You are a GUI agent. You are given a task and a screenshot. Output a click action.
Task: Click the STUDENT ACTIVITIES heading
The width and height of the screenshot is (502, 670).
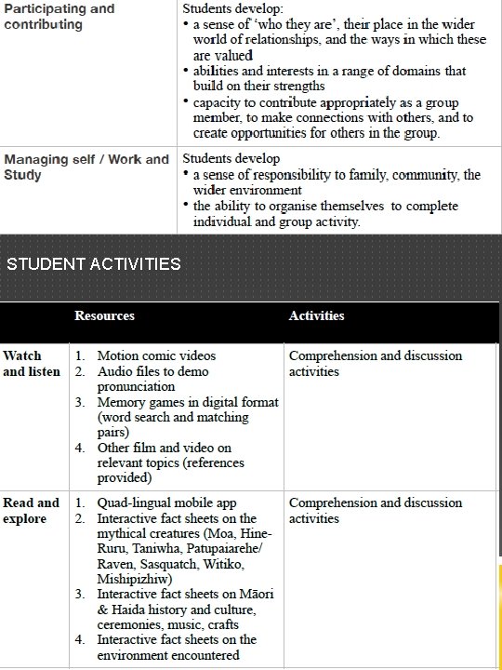point(94,263)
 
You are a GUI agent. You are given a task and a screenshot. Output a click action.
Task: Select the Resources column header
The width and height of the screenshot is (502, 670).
point(104,316)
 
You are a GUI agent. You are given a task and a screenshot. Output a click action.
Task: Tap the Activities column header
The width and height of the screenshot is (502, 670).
point(316,316)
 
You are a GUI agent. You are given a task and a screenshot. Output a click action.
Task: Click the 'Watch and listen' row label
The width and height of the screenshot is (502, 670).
point(32,364)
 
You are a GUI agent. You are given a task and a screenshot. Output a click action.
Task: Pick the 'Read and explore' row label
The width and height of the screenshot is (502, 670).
point(31,511)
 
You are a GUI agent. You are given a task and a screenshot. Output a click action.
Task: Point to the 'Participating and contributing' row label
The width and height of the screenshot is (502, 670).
point(59,17)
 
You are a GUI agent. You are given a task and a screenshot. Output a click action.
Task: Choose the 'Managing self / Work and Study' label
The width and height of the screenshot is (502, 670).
point(86,167)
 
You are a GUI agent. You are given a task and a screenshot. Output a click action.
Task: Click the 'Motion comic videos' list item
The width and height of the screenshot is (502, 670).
point(156,355)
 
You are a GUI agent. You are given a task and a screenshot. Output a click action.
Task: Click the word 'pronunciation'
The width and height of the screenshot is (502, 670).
point(136,386)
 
